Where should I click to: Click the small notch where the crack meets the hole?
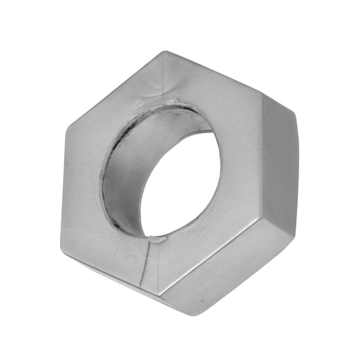coord(155,238)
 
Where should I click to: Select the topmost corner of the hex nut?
coord(164,52)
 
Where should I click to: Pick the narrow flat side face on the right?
coord(281,169)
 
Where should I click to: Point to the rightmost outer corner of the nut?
coord(298,125)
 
